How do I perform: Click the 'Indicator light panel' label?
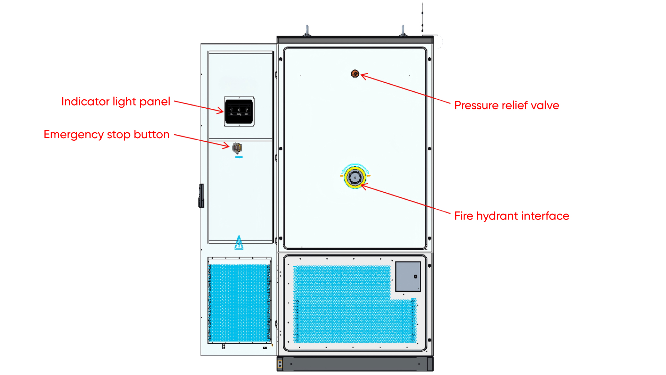pos(116,102)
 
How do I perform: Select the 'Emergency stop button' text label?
pos(106,135)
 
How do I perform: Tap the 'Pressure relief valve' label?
pos(506,106)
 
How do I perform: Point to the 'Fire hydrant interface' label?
pos(512,216)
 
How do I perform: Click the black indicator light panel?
pos(239,111)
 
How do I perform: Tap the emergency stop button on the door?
pos(237,148)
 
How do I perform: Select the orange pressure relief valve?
pos(355,74)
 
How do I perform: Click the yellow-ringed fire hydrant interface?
pos(355,177)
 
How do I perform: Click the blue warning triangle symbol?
pos(239,243)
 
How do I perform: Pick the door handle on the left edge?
pos(201,196)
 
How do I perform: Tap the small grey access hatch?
pos(408,276)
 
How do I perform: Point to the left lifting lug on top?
pos(307,31)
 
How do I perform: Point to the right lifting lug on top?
pos(403,31)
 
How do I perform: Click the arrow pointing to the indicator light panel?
pos(199,107)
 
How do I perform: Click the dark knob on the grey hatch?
pos(416,276)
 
